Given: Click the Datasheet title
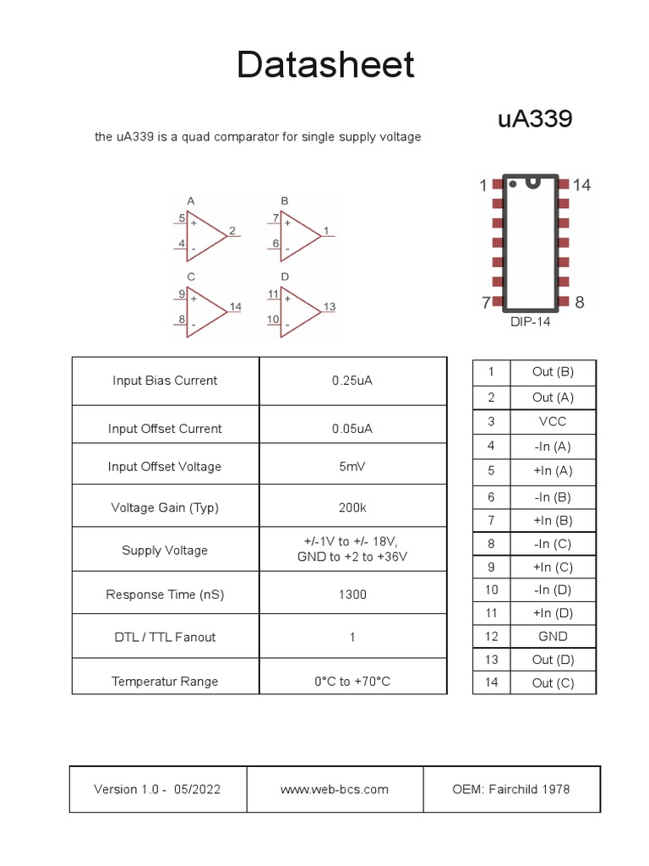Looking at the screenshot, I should pyautogui.click(x=325, y=65).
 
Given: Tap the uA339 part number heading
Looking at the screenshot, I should pyautogui.click(x=535, y=119).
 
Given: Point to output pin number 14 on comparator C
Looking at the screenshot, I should pyautogui.click(x=235, y=306).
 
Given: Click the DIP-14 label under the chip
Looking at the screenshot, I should pyautogui.click(x=530, y=322).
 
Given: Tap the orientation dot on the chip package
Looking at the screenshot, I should pyautogui.click(x=512, y=184).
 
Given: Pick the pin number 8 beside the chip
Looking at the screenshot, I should pyautogui.click(x=580, y=302).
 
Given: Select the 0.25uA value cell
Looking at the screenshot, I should pyautogui.click(x=352, y=381).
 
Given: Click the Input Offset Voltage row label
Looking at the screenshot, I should pyautogui.click(x=165, y=467).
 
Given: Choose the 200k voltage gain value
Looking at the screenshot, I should pyautogui.click(x=352, y=507).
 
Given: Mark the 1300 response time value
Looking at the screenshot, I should pyautogui.click(x=352, y=595).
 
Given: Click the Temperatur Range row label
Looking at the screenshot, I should pyautogui.click(x=165, y=681).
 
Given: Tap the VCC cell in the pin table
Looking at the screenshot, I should pyautogui.click(x=553, y=421).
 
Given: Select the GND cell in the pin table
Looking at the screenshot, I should pyautogui.click(x=553, y=636).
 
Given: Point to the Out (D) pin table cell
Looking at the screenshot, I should pyautogui.click(x=553, y=660).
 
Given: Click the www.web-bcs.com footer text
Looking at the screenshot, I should pyautogui.click(x=335, y=789).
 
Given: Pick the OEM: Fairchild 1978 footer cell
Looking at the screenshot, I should pyautogui.click(x=511, y=789).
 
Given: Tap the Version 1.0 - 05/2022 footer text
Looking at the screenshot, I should pyautogui.click(x=158, y=789).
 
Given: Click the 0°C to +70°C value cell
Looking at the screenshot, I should pyautogui.click(x=352, y=681).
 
